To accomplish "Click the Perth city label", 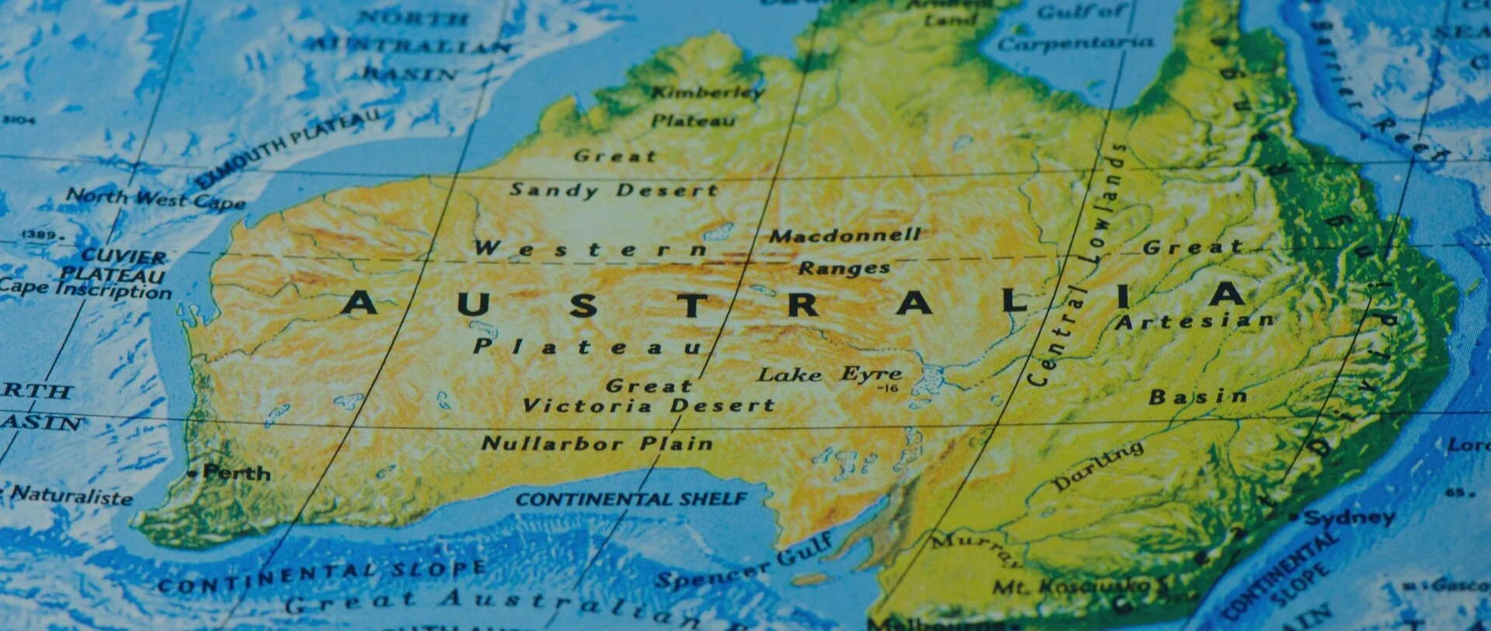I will [x=236, y=472].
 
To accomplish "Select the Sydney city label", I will [x=1349, y=518].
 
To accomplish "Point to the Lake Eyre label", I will [x=829, y=375].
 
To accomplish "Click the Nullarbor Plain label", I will [x=597, y=444].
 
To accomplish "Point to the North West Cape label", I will [x=155, y=199].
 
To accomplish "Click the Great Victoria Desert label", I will [x=649, y=396].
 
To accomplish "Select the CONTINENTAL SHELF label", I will [x=631, y=499].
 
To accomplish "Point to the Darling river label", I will [x=1098, y=466].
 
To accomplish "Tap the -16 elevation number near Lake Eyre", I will [x=887, y=388].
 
